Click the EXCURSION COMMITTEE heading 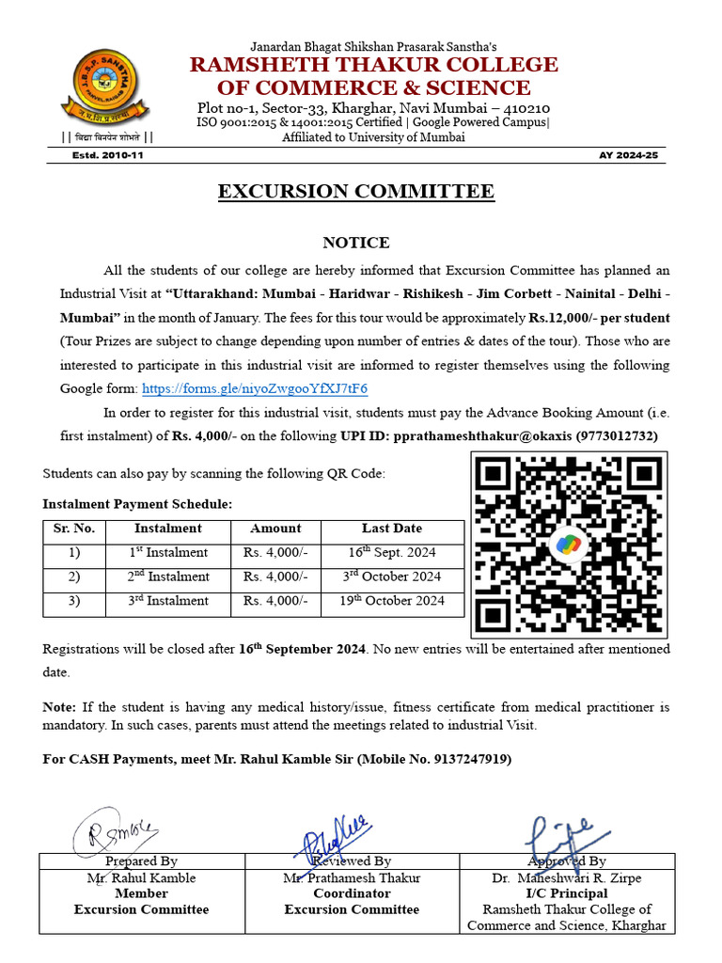click(356, 192)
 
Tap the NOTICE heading click(355, 243)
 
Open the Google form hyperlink click(254, 388)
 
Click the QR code click(569, 545)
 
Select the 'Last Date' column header click(392, 529)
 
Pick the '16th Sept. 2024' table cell click(392, 553)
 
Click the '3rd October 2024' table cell click(392, 576)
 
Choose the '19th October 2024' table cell click(392, 601)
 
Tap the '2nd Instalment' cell click(168, 576)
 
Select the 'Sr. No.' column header click(74, 529)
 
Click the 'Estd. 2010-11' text click(108, 154)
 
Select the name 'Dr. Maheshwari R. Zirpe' click(566, 877)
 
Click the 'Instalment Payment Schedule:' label click(137, 505)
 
